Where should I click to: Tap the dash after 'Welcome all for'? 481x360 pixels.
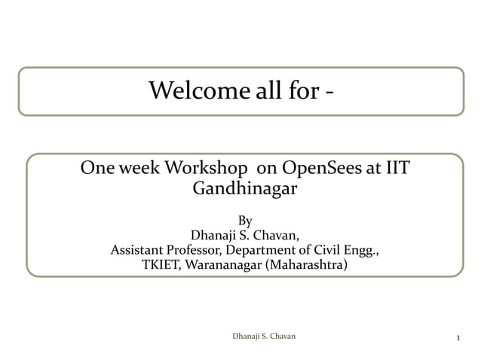pos(329,93)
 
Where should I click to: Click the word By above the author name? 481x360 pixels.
pos(245,221)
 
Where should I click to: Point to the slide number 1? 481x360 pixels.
pos(458,336)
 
